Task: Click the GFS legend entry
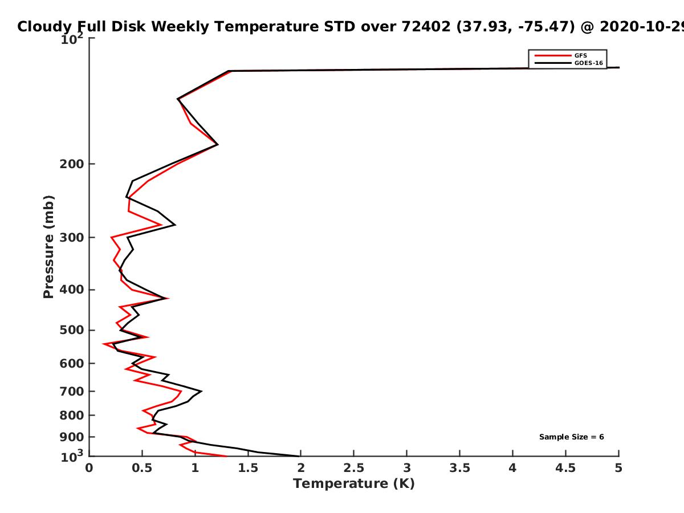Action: click(x=560, y=56)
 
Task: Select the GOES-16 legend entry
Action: click(x=568, y=63)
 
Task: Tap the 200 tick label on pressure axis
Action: click(x=72, y=164)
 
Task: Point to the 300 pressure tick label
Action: click(x=72, y=238)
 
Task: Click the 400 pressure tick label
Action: click(x=72, y=290)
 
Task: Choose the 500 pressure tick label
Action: click(x=72, y=330)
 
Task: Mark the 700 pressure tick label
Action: click(x=72, y=391)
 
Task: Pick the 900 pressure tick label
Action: click(x=72, y=437)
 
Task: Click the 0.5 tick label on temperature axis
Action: click(x=142, y=468)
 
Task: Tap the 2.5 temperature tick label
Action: click(x=354, y=468)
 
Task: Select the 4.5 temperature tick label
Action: click(x=565, y=468)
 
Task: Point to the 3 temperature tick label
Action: click(x=406, y=468)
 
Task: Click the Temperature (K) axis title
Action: click(x=354, y=484)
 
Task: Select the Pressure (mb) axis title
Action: click(x=48, y=247)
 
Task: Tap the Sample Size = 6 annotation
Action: click(x=572, y=437)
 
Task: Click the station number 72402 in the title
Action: click(x=426, y=26)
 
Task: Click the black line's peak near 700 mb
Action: click(x=201, y=391)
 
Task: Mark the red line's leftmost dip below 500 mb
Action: click(x=103, y=344)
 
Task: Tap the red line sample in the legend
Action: click(x=553, y=56)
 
